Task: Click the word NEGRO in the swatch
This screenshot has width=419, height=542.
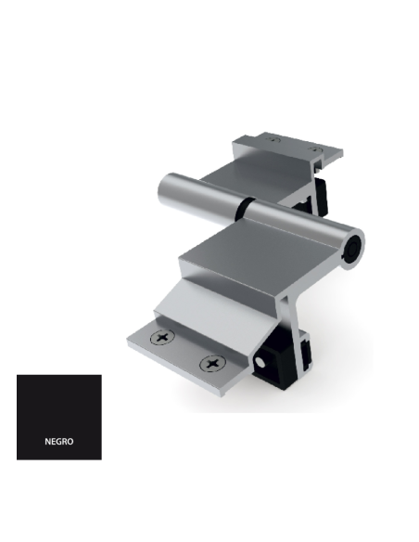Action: (58, 442)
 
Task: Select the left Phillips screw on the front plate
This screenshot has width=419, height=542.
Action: (165, 339)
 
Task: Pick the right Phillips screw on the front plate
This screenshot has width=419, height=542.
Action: (212, 362)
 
